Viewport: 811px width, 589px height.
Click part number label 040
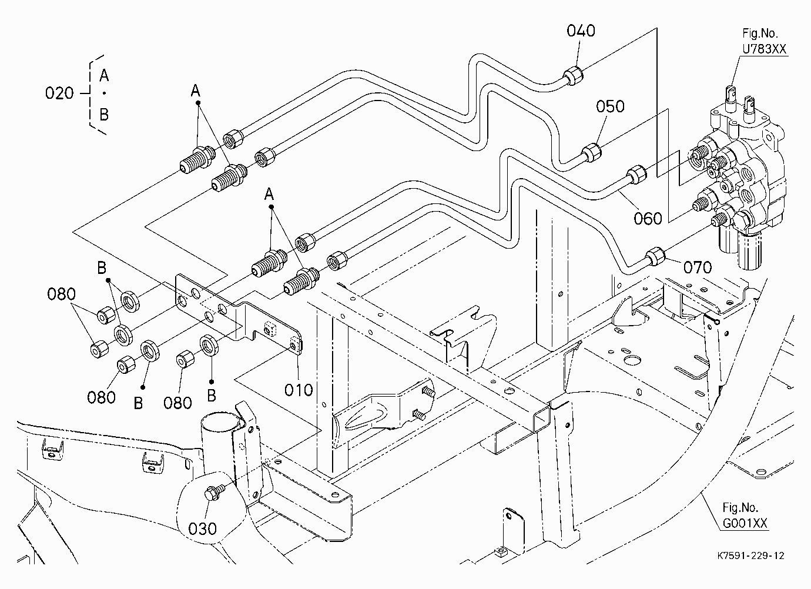coord(581,31)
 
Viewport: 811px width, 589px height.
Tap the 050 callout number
coord(611,106)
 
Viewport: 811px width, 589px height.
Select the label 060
coord(648,219)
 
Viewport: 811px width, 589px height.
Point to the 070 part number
coord(698,267)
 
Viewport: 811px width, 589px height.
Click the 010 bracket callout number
coord(299,390)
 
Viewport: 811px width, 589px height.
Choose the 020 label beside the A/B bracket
coord(59,93)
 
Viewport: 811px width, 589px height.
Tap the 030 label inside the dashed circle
coord(202,529)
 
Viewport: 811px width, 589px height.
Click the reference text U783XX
coord(765,49)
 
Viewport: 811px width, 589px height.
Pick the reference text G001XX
coord(745,523)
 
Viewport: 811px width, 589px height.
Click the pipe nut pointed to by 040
coord(573,76)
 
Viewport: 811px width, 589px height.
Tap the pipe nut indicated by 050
coord(591,152)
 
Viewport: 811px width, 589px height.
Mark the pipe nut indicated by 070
coord(656,256)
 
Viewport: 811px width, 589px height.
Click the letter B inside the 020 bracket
coord(104,115)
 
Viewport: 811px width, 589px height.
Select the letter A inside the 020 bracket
coord(104,75)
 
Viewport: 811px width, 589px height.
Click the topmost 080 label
coord(61,294)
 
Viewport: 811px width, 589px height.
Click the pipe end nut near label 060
coord(636,175)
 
